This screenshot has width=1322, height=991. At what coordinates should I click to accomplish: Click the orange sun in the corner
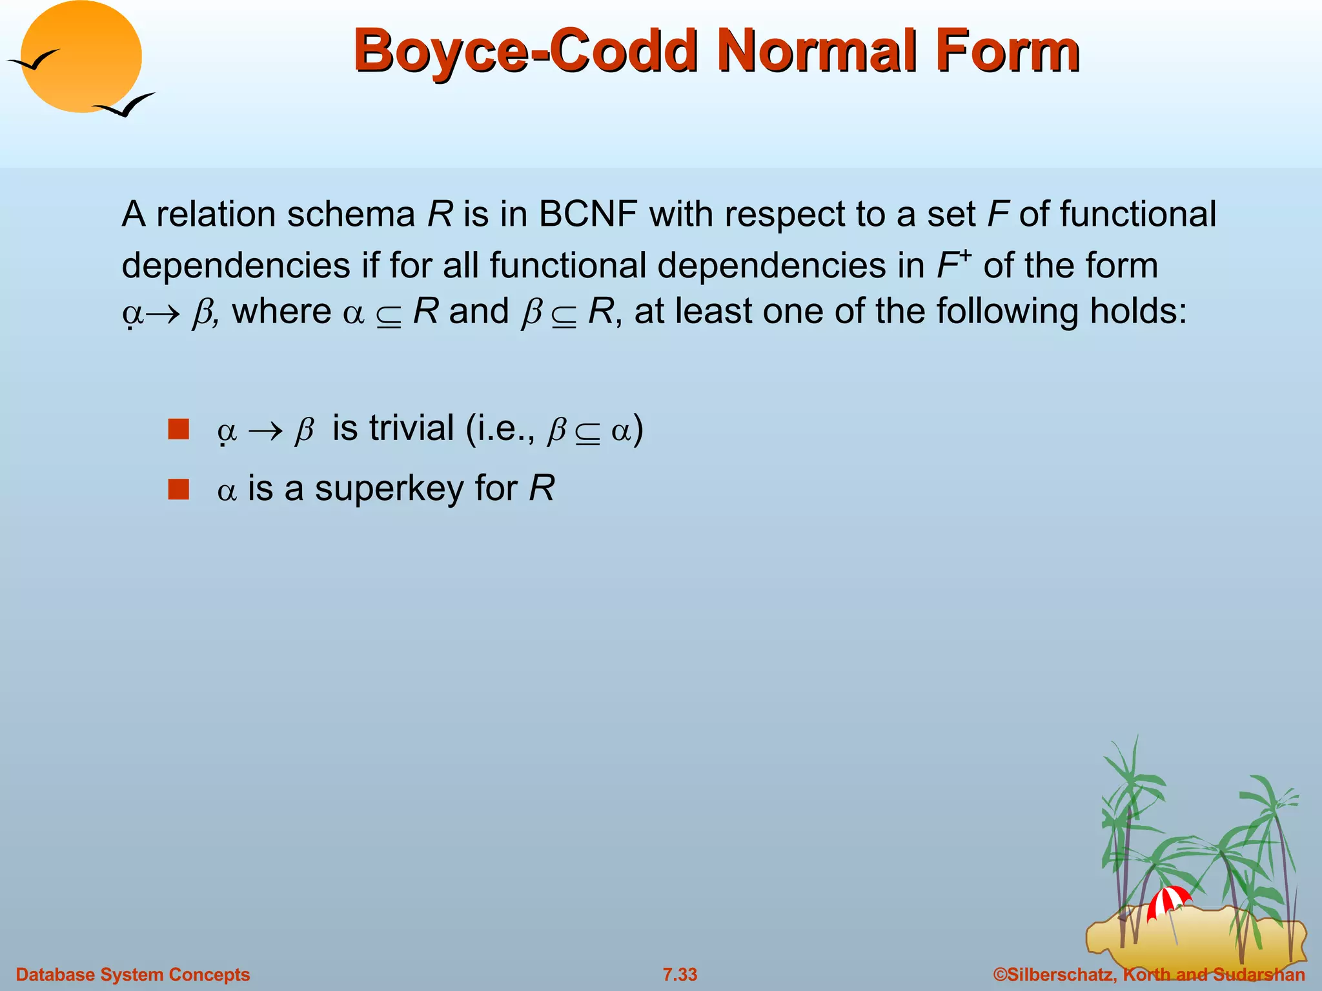point(81,57)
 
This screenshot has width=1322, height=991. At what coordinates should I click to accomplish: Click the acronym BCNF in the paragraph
point(588,214)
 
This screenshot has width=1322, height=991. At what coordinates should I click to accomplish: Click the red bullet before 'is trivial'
point(178,429)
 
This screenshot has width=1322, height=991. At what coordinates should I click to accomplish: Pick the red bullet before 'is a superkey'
point(178,489)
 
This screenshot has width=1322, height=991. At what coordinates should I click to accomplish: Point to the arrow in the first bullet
point(266,431)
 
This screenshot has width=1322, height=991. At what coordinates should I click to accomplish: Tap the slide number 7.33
point(680,974)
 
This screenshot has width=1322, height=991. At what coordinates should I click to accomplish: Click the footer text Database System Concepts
point(132,974)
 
